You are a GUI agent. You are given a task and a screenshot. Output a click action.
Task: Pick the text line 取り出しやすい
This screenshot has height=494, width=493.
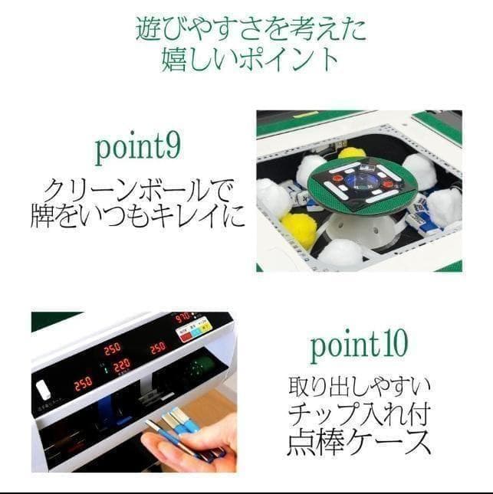click(x=359, y=384)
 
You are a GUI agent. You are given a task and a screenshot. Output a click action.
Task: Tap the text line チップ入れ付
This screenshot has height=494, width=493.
click(x=359, y=414)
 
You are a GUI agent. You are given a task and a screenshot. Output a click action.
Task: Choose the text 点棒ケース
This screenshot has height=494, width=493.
click(x=359, y=443)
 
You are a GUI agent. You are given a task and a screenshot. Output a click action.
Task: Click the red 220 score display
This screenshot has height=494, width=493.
click(x=121, y=366)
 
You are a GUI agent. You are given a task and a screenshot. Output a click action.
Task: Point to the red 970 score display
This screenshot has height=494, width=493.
click(x=182, y=317)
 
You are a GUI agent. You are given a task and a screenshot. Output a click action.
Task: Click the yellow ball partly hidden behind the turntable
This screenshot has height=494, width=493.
click(x=352, y=152)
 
